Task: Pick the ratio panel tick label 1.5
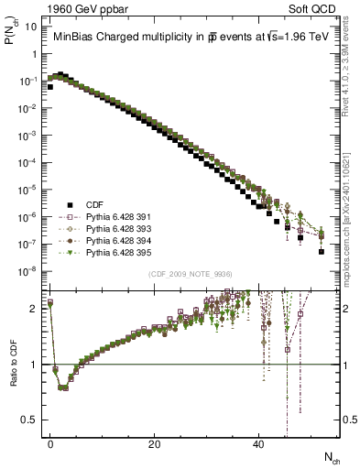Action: pyautogui.click(x=28, y=336)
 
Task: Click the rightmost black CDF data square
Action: pyautogui.click(x=322, y=251)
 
